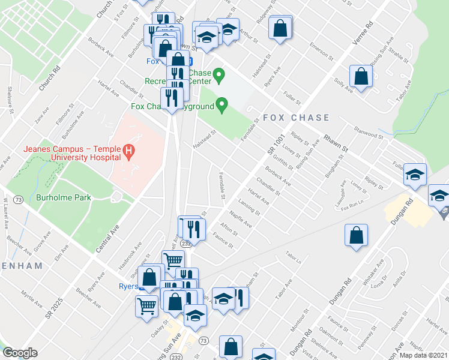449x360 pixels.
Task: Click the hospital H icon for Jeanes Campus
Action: pyautogui.click(x=127, y=150)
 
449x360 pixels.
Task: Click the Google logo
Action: pyautogui.click(x=20, y=353)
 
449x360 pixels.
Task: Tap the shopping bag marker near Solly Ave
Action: pyautogui.click(x=360, y=77)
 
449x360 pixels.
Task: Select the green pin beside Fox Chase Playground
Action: pyautogui.click(x=222, y=106)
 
